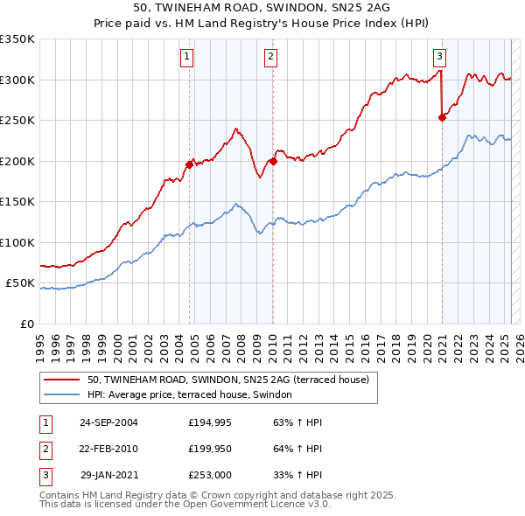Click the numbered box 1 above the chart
187,58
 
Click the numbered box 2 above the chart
271,58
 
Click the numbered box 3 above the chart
439,58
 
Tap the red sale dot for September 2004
189,164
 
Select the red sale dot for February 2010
273,161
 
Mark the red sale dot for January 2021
442,118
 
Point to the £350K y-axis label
17,39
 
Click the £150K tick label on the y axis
17,202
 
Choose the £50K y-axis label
21,283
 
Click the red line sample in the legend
61,380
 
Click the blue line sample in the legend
61,395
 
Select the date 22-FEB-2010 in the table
108,449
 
